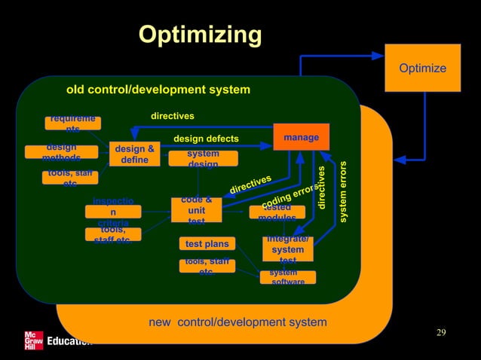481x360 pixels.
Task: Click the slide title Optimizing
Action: (200, 35)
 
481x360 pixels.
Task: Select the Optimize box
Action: (422, 69)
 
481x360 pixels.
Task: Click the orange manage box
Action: (301, 137)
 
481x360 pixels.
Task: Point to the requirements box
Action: (72, 124)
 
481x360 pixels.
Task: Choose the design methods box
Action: (61, 152)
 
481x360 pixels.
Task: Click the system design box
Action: (203, 158)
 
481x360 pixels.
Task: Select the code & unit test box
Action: (196, 210)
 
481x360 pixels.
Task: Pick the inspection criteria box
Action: (113, 212)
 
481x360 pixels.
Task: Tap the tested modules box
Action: (277, 212)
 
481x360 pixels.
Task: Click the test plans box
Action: (207, 244)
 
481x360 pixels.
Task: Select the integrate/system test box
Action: (287, 249)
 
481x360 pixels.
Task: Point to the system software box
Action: (287, 277)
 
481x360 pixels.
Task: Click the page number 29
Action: (441, 334)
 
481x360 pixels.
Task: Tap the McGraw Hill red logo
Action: (33, 340)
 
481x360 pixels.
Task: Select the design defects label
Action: (206, 139)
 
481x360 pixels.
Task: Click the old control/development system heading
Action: (158, 90)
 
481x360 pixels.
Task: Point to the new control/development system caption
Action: (237, 322)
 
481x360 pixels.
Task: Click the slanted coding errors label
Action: (289, 197)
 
